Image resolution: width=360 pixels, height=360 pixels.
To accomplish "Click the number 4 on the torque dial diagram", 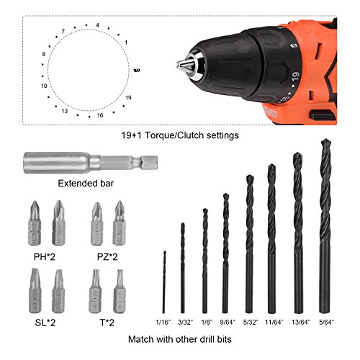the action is click(97, 25).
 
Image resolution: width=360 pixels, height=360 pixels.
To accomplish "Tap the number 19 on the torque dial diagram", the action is click(128, 97).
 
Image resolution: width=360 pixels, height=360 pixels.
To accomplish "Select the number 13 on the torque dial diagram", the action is click(65, 111).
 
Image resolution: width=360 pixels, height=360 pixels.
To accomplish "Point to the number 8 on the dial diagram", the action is click(44, 54).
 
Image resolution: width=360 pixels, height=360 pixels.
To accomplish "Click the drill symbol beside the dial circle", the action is click(137, 71).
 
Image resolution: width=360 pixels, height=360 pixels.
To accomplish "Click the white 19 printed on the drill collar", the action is click(296, 76).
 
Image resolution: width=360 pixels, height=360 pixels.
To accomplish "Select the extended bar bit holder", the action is click(91, 163).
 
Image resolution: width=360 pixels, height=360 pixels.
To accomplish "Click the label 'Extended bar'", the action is click(86, 184).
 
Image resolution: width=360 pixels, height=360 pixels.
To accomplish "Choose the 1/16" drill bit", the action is click(164, 282).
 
